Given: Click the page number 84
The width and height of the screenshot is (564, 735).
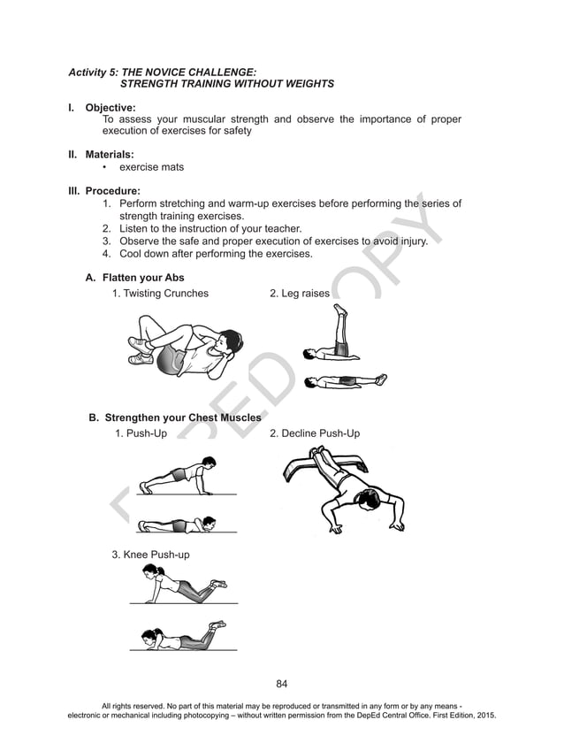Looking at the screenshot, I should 282,683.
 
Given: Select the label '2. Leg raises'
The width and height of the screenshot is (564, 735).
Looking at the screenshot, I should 299,293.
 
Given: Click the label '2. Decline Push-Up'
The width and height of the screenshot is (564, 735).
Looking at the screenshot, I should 314,433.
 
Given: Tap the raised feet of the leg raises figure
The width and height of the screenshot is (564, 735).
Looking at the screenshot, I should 339,310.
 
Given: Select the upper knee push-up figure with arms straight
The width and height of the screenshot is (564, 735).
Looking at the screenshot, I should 177,586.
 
